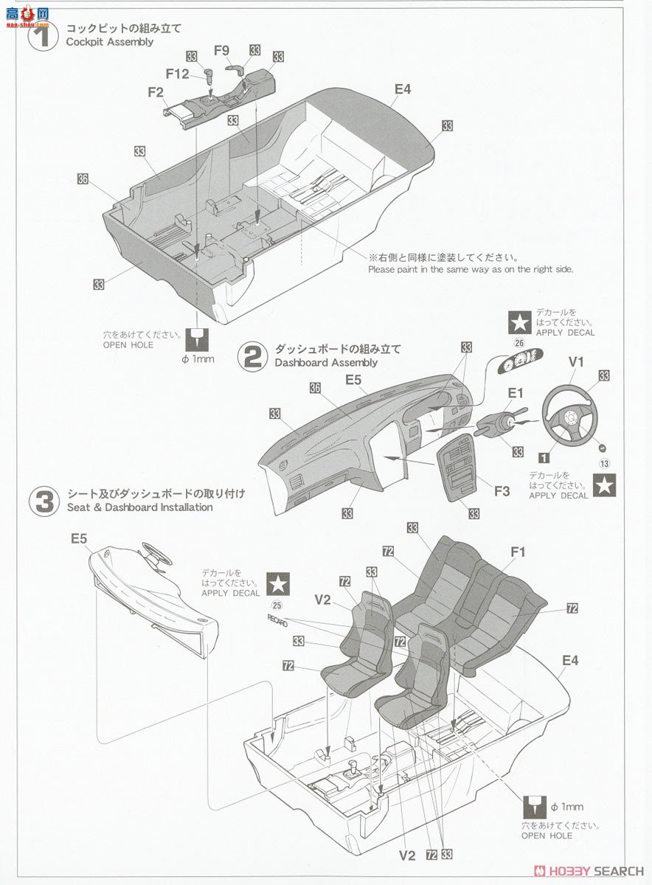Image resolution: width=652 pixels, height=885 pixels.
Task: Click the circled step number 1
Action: point(43,35)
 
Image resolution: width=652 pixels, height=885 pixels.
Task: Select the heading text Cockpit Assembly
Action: point(109,42)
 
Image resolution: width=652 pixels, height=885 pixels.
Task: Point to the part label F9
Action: point(222,51)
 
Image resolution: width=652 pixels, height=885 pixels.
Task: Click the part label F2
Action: point(155,92)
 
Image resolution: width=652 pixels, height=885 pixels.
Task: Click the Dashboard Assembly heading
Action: point(325,363)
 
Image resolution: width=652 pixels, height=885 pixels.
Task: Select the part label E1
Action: point(514,393)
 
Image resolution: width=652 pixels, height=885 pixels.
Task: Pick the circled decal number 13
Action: point(604,463)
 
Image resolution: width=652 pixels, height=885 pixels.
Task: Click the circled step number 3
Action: point(43,501)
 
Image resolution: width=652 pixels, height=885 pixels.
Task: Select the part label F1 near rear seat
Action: point(517,551)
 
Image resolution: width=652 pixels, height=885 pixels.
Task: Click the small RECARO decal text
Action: point(277,618)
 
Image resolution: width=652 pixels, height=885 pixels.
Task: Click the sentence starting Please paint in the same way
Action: point(471,270)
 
